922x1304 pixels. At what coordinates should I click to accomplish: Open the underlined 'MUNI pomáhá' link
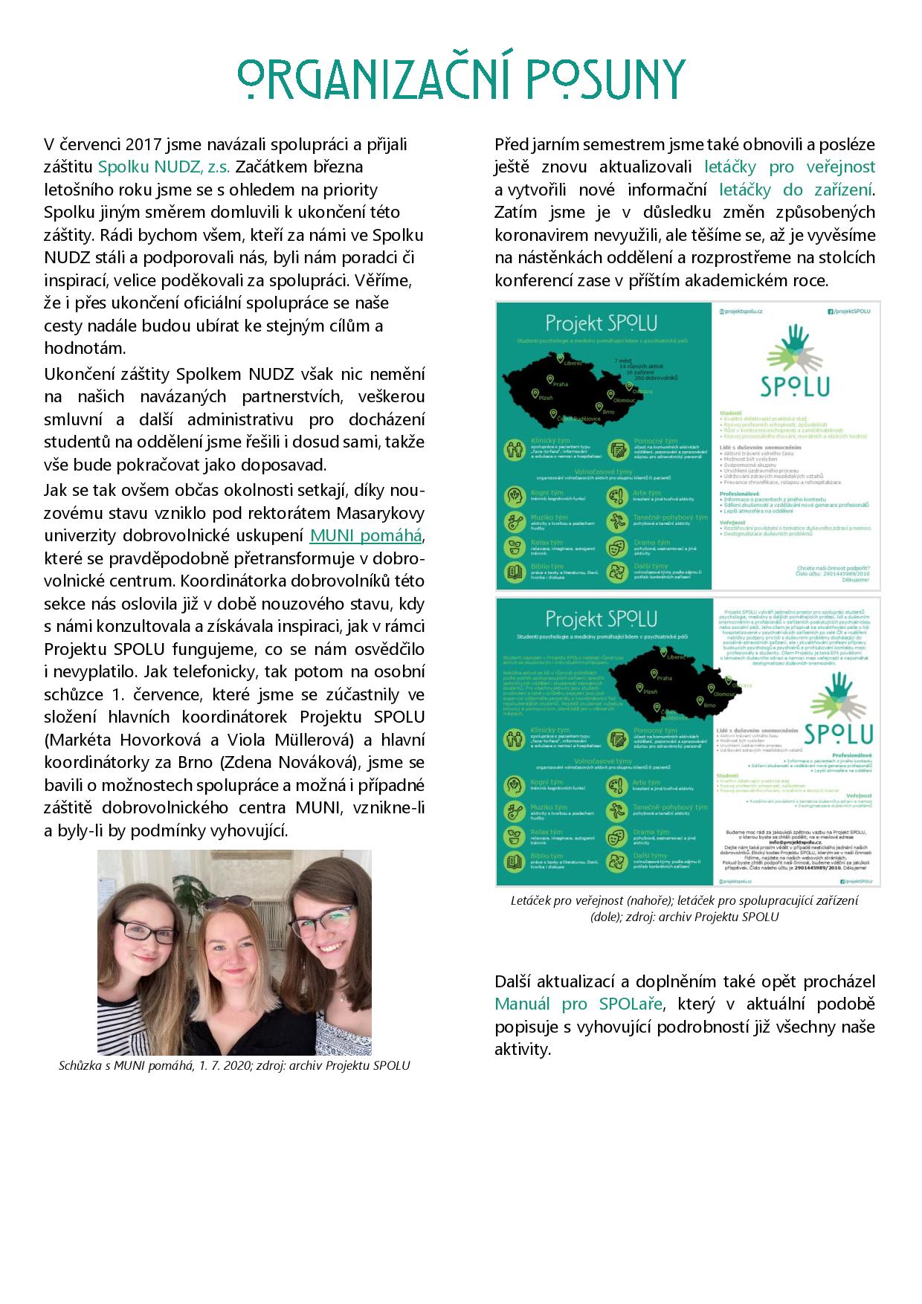point(366,535)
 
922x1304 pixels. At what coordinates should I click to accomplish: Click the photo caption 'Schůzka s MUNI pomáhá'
point(126,1065)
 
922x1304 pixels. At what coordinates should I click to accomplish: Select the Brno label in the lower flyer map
point(709,704)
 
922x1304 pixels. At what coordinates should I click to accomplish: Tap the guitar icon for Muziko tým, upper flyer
point(515,522)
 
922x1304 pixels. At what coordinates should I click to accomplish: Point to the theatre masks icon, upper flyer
point(616,547)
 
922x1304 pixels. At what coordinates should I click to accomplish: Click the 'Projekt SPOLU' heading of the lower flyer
point(601,619)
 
